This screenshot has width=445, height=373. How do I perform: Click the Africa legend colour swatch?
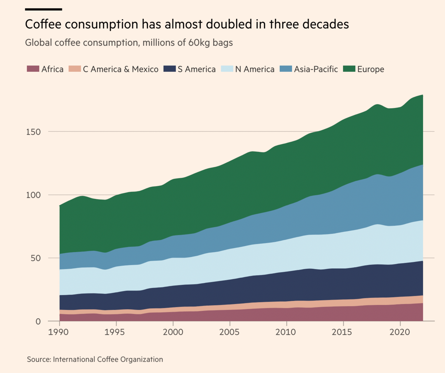pyautogui.click(x=33, y=69)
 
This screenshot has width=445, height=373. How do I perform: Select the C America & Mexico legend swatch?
pyautogui.click(x=74, y=69)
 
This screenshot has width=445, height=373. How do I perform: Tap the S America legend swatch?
pyautogui.click(x=169, y=69)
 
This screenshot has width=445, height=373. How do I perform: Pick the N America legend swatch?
pyautogui.click(x=227, y=69)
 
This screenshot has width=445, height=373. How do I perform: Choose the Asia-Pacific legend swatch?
pyautogui.click(x=286, y=69)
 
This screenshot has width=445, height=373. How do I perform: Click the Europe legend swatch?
pyautogui.click(x=349, y=69)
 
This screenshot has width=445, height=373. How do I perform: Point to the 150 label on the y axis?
pyautogui.click(x=33, y=132)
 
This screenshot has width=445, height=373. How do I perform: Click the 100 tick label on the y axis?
pyautogui.click(x=33, y=195)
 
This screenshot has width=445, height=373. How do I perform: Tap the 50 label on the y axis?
pyautogui.click(x=35, y=258)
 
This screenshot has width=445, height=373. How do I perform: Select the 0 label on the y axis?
pyautogui.click(x=38, y=322)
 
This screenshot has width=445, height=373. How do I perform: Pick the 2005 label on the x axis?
pyautogui.click(x=229, y=332)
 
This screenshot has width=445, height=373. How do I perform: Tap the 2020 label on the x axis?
pyautogui.click(x=400, y=332)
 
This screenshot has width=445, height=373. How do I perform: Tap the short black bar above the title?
pyautogui.click(x=43, y=9)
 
